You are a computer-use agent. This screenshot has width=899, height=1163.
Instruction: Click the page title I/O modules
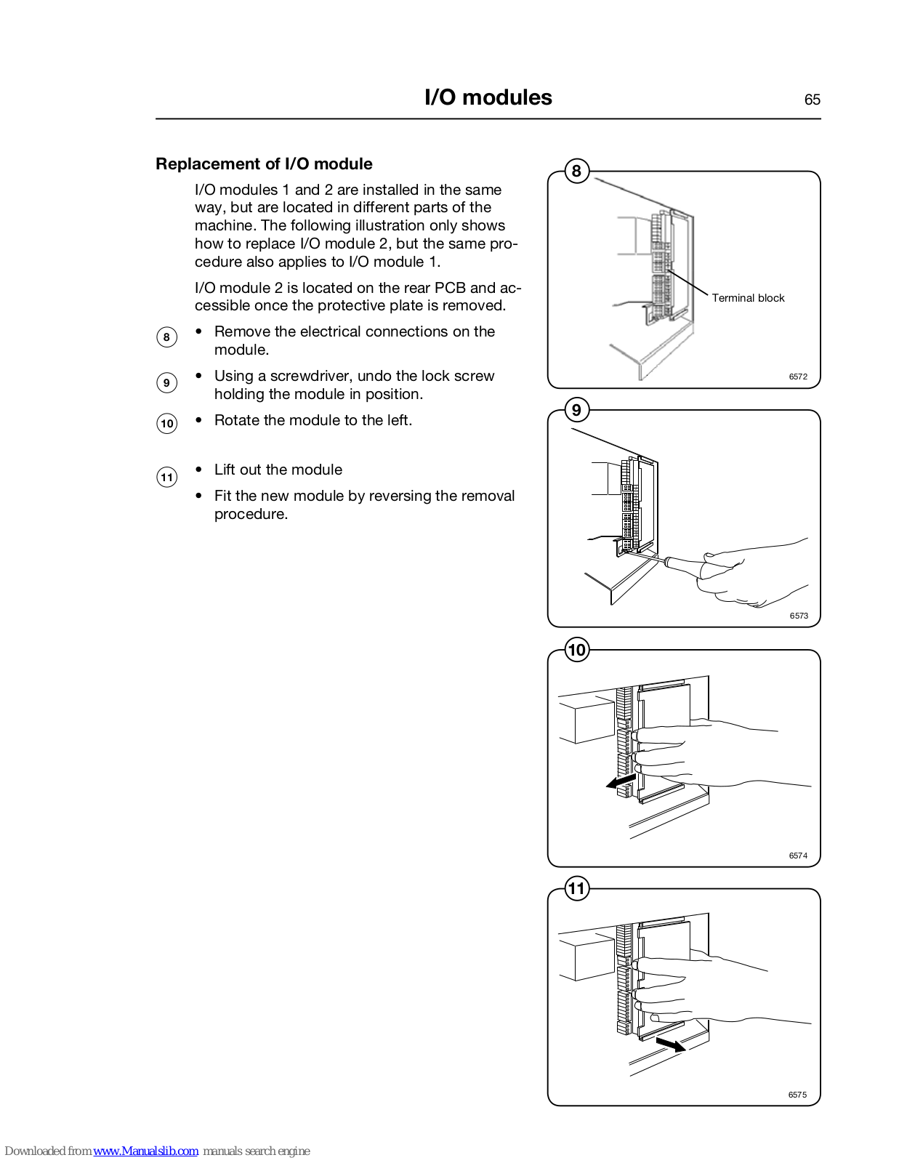(488, 97)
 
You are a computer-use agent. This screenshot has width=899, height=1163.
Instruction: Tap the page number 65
(812, 100)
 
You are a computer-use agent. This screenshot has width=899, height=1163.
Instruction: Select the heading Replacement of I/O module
(264, 164)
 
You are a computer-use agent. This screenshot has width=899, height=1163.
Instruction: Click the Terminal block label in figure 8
(748, 298)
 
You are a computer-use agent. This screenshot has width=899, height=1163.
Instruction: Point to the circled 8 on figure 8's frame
(576, 172)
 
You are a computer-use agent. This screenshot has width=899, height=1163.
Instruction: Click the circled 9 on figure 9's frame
(576, 410)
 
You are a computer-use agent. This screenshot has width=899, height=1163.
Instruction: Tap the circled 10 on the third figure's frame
(576, 650)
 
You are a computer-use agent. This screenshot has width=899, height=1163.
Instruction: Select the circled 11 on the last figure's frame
(576, 888)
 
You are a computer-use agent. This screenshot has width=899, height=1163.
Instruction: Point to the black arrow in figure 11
(670, 1045)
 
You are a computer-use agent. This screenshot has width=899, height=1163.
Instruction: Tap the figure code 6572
(798, 377)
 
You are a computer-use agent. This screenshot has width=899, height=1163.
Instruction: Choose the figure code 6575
(797, 1095)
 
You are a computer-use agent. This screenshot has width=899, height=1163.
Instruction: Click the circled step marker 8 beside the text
(166, 337)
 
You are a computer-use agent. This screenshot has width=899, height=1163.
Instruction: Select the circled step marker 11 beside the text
(167, 477)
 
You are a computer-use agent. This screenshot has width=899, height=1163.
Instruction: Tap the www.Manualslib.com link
(145, 1151)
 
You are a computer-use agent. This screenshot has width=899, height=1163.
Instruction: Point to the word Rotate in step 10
(237, 420)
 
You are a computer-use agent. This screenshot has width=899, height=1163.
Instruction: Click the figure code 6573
(799, 616)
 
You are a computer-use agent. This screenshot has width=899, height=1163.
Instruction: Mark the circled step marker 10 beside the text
(167, 424)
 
